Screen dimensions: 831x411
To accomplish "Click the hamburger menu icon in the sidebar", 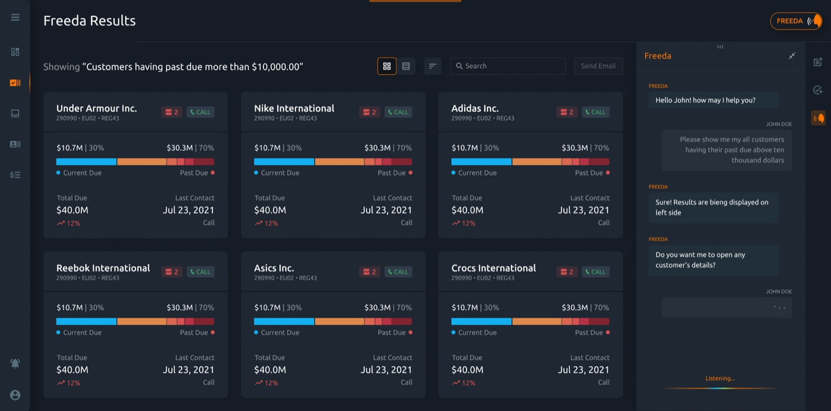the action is coord(15,17).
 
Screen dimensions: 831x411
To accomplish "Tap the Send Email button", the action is coord(598,66).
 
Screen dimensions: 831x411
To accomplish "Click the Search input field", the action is coord(508,66).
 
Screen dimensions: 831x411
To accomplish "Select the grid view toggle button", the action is coord(387,66).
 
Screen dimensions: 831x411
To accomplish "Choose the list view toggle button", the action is coord(406,66).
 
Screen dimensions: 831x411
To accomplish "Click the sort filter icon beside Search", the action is coord(433,66).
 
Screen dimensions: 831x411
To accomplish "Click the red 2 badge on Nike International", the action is coord(369,112).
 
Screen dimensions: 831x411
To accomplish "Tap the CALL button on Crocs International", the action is coord(595,272).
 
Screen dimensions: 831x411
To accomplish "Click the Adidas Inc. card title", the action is coord(475,109).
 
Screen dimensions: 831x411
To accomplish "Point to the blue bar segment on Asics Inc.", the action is coord(284,321).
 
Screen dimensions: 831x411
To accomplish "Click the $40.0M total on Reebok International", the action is coord(72,370).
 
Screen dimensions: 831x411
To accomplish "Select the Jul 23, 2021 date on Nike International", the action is coord(386,210).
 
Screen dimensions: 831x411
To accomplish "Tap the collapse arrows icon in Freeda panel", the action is coord(792,56).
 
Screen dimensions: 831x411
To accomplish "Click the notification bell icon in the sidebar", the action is coord(15,363).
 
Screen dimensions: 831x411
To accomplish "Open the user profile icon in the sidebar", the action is coord(15,395).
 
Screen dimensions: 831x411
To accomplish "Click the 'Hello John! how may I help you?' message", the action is coord(705,100).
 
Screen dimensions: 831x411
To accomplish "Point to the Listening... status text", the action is coord(720,378).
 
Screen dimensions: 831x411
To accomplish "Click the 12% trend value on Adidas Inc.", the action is coord(464,223).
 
